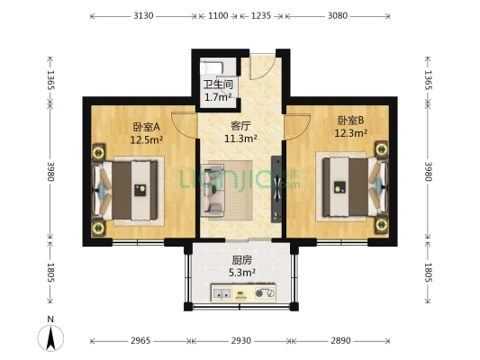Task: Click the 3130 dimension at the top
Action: pos(143,15)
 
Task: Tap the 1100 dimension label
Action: pos(218,15)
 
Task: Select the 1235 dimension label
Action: pos(261,15)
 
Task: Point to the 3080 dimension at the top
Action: pos(338,15)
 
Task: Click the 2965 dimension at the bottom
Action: pos(140,340)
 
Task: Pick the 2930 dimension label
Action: pos(241,340)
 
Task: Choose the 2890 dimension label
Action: pos(340,340)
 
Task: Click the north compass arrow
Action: pos(50,338)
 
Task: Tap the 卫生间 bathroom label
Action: pos(218,85)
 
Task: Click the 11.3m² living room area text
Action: pos(240,139)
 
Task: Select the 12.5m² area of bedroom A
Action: pos(146,140)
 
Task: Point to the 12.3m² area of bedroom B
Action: pos(351,133)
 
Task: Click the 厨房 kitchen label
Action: pos(242,260)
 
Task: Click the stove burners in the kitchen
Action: pos(265,293)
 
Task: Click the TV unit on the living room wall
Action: pos(276,189)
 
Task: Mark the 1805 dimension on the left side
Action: pos(50,272)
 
